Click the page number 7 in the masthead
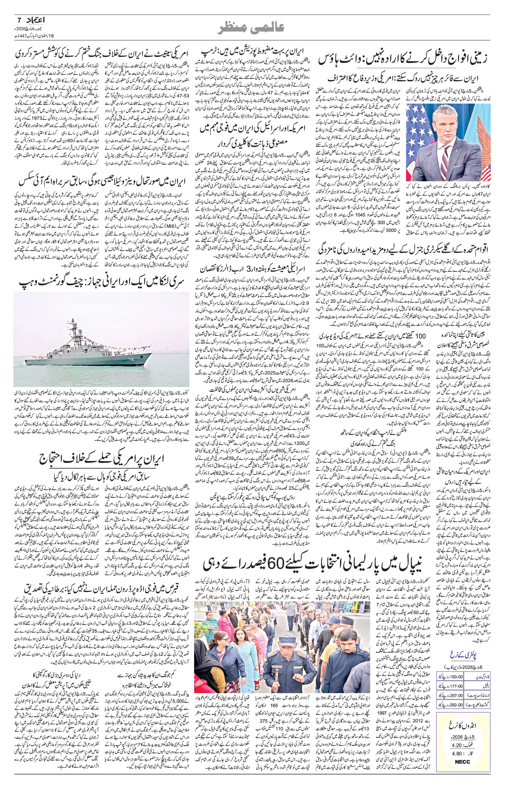point(19,20)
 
